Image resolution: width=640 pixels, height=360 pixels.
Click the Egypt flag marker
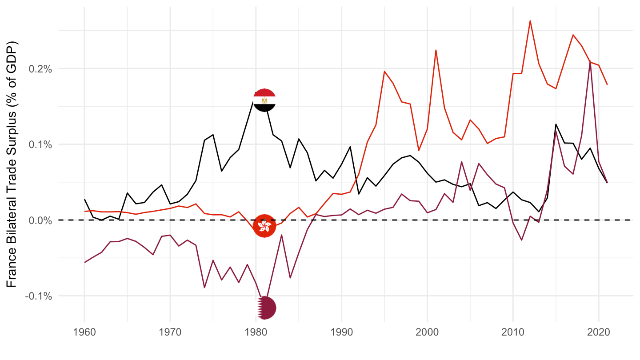(x=264, y=100)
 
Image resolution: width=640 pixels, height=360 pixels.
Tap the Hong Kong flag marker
(x=264, y=226)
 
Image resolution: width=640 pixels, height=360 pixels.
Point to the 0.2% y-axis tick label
(x=41, y=69)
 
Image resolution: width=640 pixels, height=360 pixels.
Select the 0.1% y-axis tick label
(x=41, y=144)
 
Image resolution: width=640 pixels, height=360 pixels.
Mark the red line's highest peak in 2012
(x=530, y=20)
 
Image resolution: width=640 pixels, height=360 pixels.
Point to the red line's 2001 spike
(x=436, y=50)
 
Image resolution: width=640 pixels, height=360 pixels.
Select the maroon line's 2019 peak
(x=590, y=62)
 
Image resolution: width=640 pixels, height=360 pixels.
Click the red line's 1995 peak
(x=384, y=71)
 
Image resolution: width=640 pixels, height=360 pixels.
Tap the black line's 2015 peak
(x=556, y=124)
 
